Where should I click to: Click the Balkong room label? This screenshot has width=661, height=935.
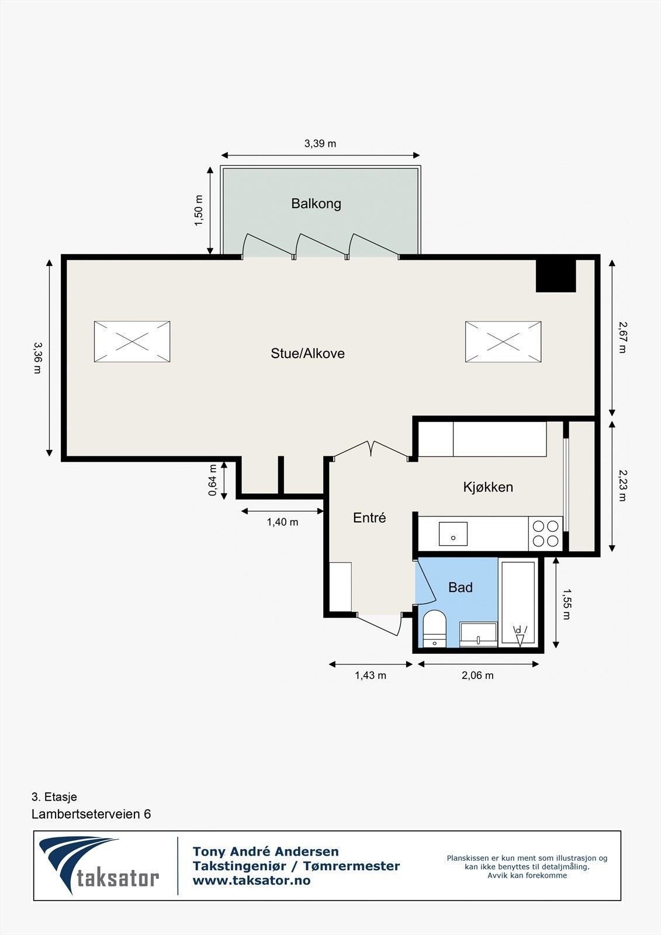tap(316, 204)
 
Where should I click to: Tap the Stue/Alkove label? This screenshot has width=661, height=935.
tap(307, 354)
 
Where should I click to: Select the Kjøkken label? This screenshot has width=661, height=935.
tap(488, 487)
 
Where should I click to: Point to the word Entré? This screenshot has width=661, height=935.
tap(369, 518)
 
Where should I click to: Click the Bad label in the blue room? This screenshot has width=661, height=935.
tap(460, 588)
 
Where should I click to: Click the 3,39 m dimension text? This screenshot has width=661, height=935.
tap(320, 144)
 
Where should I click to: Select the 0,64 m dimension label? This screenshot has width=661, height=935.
tap(213, 480)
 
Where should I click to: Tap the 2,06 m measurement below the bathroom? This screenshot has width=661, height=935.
tap(477, 676)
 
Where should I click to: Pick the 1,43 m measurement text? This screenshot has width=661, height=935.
tap(370, 676)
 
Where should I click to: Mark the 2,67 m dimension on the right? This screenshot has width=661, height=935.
tap(622, 337)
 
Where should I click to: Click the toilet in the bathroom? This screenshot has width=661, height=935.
tap(434, 628)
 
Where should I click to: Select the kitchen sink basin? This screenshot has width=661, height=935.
tap(453, 534)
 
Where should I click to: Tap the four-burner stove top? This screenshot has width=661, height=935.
tap(545, 533)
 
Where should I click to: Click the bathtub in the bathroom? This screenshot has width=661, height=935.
tap(518, 602)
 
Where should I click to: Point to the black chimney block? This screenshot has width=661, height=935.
tap(556, 275)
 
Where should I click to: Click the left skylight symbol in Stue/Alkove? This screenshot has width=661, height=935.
tap(132, 341)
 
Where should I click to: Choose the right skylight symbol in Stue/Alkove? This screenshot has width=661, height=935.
tap(503, 341)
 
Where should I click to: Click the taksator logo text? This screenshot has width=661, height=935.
tap(117, 878)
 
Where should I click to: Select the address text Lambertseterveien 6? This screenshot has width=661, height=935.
tap(91, 814)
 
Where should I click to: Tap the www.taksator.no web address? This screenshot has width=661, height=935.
tap(251, 881)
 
